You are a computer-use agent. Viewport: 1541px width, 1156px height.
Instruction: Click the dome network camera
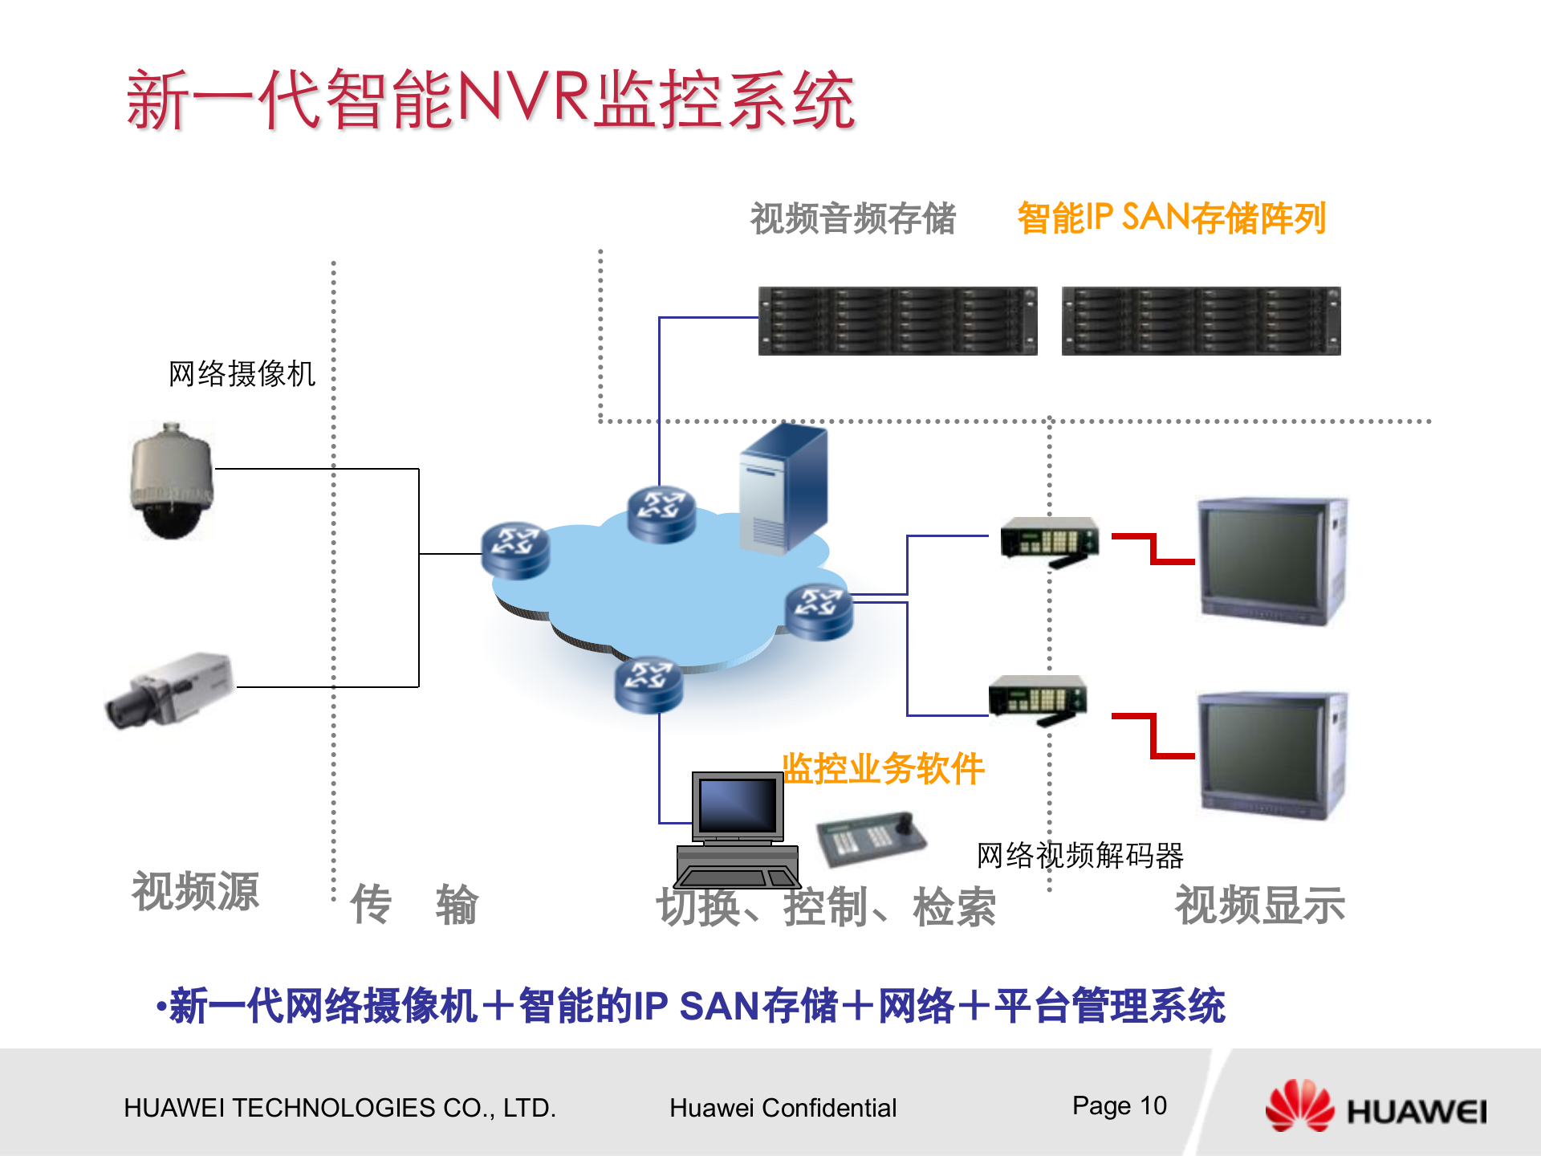(x=171, y=482)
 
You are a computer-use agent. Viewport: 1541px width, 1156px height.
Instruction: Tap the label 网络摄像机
(x=242, y=374)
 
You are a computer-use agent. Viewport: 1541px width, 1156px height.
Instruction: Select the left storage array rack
(x=897, y=321)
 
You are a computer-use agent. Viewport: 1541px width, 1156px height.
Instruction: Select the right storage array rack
(x=1201, y=321)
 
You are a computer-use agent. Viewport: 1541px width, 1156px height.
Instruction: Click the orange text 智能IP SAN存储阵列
(x=1171, y=218)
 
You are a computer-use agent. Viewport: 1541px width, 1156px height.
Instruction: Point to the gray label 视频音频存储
(x=852, y=218)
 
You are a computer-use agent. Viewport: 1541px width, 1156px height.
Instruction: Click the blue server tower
(x=783, y=490)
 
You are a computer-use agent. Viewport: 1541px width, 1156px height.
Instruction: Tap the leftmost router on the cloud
(x=515, y=551)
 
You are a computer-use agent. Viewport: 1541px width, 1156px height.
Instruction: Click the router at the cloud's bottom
(x=649, y=686)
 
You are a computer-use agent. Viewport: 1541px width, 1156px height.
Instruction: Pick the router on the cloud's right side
(x=819, y=612)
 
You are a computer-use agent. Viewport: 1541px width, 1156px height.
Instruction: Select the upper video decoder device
(x=1049, y=539)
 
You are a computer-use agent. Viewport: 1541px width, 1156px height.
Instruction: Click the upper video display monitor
(x=1271, y=562)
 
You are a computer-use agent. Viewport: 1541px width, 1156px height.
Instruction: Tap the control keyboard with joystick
(x=872, y=838)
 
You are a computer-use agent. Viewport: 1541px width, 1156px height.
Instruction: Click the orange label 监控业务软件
(x=883, y=769)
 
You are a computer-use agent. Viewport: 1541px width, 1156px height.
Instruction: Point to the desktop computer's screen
(x=738, y=806)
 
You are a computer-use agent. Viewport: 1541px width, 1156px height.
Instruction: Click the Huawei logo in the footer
(x=1376, y=1108)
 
